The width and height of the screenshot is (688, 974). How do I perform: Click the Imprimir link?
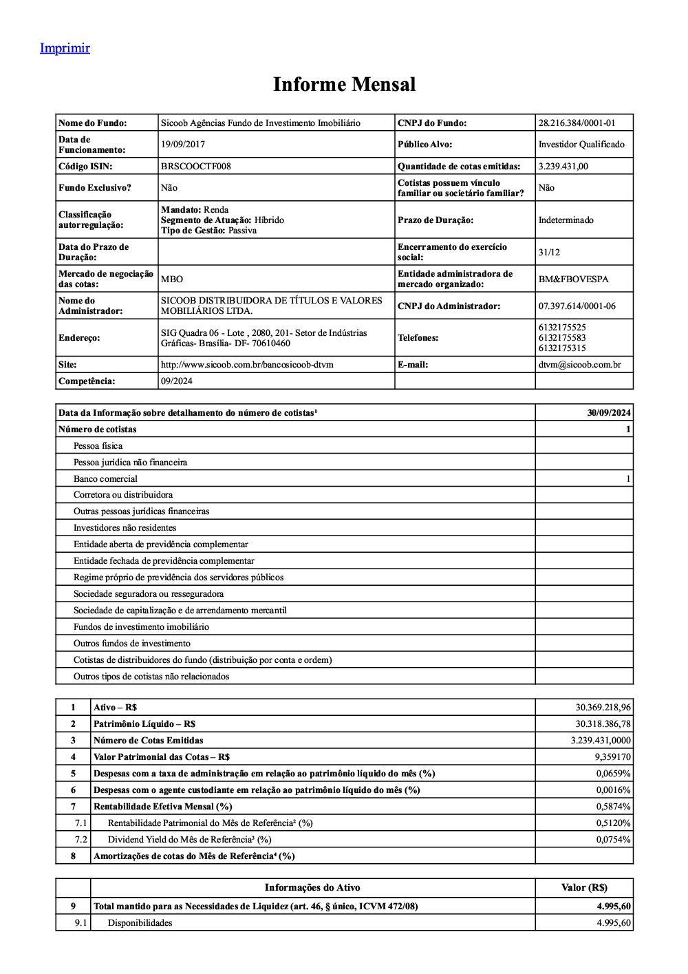click(65, 47)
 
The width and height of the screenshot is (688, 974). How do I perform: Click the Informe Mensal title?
click(344, 84)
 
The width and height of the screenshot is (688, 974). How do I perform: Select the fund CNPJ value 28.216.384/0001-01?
click(577, 123)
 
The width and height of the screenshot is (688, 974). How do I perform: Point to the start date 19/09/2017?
click(183, 145)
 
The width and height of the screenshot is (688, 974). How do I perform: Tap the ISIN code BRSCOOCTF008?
click(195, 167)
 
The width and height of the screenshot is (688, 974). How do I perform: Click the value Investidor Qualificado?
click(581, 145)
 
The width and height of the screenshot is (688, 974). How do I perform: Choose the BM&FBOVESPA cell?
click(573, 279)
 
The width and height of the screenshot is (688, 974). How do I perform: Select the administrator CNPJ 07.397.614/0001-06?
click(577, 306)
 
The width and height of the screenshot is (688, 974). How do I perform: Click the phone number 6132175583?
click(562, 338)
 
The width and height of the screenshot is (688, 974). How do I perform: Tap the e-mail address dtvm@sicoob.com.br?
click(579, 365)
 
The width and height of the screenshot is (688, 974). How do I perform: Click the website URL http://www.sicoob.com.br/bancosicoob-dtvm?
click(246, 365)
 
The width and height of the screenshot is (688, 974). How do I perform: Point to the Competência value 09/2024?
click(177, 381)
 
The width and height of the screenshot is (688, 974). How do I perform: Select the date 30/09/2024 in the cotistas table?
click(609, 413)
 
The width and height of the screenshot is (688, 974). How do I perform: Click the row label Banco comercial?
click(105, 479)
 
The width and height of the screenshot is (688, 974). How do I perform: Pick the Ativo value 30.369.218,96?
click(603, 708)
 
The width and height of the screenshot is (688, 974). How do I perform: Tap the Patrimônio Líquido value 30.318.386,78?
click(603, 724)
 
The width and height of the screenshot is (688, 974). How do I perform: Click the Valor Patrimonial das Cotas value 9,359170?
click(612, 757)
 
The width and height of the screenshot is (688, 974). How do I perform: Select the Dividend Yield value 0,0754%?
click(613, 840)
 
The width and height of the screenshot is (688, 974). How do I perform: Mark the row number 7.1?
click(81, 823)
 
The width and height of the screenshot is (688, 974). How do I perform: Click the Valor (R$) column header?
click(584, 888)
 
